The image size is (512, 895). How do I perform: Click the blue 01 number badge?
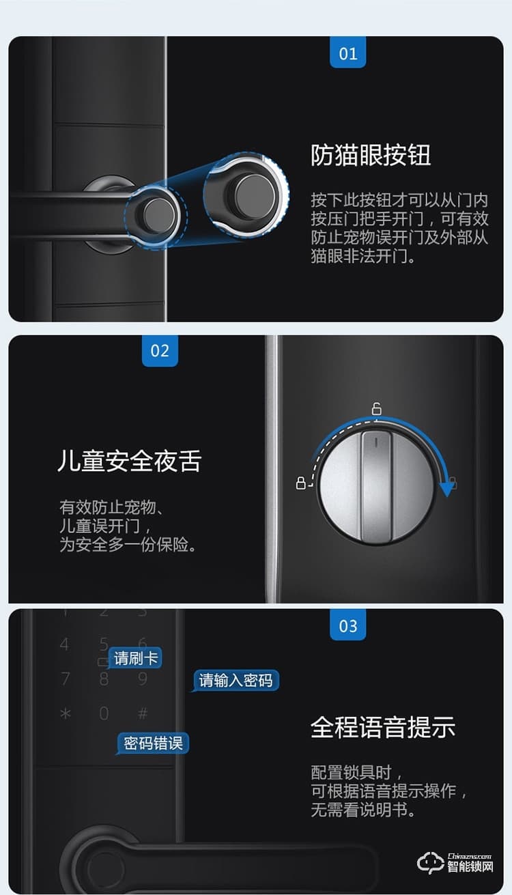pyautogui.click(x=347, y=53)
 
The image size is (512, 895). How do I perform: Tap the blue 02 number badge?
pyautogui.click(x=160, y=350)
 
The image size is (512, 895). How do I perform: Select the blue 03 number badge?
pyautogui.click(x=347, y=625)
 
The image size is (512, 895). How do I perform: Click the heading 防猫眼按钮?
pyautogui.click(x=371, y=155)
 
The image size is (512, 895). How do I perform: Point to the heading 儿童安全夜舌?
pyautogui.click(x=130, y=461)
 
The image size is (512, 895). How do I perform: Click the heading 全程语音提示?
pyautogui.click(x=383, y=727)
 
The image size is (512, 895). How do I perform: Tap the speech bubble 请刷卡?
pyautogui.click(x=135, y=658)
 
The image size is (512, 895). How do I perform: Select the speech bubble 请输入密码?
pyautogui.click(x=235, y=681)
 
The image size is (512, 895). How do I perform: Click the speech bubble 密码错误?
pyautogui.click(x=153, y=743)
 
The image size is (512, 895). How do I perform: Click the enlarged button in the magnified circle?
pyautogui.click(x=255, y=195)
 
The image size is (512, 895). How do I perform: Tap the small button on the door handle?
pyautogui.click(x=158, y=214)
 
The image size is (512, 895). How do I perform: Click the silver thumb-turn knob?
pyautogui.click(x=377, y=487)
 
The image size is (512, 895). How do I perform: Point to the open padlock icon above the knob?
pyautogui.click(x=377, y=408)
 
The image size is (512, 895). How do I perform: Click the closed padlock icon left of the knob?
pyautogui.click(x=300, y=483)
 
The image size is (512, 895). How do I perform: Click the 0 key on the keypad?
pyautogui.click(x=104, y=713)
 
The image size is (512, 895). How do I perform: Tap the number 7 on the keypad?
pyautogui.click(x=65, y=679)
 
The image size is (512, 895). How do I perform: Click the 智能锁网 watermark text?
pyautogui.click(x=470, y=866)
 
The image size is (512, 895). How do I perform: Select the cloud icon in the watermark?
pyautogui.click(x=431, y=863)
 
